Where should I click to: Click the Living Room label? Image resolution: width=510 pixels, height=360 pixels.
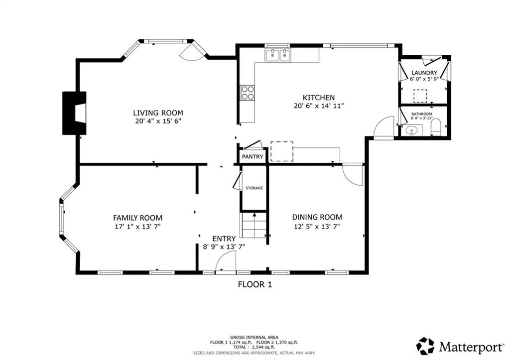pyautogui.click(x=158, y=113)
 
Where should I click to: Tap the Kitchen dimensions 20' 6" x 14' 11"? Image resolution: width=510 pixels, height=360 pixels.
pyautogui.click(x=318, y=106)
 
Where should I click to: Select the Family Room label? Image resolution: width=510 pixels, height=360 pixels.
pyautogui.click(x=137, y=218)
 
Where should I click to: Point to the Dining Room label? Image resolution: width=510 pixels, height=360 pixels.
pyautogui.click(x=317, y=217)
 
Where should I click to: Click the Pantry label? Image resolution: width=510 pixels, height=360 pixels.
pyautogui.click(x=253, y=157)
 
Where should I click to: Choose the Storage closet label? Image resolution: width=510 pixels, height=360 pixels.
pyautogui.click(x=254, y=188)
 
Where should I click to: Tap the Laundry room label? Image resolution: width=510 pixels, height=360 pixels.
pyautogui.click(x=424, y=73)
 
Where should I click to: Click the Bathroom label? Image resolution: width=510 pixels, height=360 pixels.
pyautogui.click(x=421, y=114)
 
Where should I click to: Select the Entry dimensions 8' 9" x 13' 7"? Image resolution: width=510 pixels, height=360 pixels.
pyautogui.click(x=224, y=247)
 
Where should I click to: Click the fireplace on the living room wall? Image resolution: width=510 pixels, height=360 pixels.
pyautogui.click(x=75, y=113)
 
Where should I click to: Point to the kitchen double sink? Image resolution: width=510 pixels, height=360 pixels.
pyautogui.click(x=278, y=55)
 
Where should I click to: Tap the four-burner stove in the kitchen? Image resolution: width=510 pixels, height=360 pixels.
pyautogui.click(x=247, y=93)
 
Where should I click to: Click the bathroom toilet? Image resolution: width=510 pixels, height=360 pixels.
pyautogui.click(x=435, y=127)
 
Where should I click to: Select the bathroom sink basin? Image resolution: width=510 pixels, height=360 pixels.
pyautogui.click(x=412, y=131)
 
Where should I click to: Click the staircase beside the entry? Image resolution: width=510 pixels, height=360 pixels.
pyautogui.click(x=254, y=225)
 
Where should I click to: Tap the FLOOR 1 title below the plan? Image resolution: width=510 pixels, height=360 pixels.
pyautogui.click(x=255, y=284)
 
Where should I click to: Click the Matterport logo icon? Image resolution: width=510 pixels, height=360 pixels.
pyautogui.click(x=425, y=346)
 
